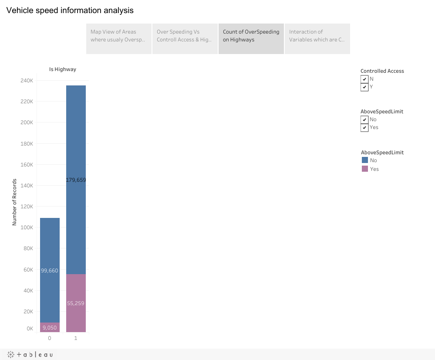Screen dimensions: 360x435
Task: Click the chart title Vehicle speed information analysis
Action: pos(70,10)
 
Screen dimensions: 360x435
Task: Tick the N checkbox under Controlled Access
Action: pos(364,79)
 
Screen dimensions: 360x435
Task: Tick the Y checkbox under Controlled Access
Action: pos(364,87)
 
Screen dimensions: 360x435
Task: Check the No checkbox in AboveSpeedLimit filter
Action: pos(364,119)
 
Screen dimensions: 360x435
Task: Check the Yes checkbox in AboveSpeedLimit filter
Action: pos(364,128)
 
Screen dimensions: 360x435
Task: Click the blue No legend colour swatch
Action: pos(365,160)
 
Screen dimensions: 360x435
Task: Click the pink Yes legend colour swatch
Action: pos(365,169)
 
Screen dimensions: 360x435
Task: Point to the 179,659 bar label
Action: pos(76,180)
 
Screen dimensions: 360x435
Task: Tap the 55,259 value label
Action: pos(76,303)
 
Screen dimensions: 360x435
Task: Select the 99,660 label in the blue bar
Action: pos(50,271)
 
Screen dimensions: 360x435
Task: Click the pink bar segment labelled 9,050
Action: pos(50,328)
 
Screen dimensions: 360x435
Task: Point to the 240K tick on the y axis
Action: pos(27,81)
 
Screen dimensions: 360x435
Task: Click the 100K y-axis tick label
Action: pos(27,228)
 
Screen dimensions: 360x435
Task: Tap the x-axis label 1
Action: pos(76,338)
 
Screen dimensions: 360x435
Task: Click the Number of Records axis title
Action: pos(14,202)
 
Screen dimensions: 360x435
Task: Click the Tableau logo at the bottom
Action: pos(30,355)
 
